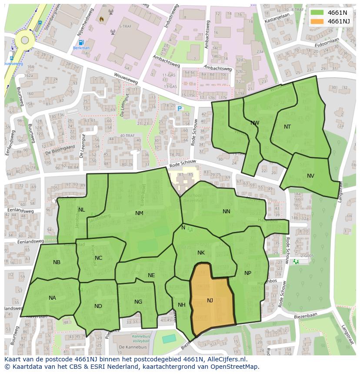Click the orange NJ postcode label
(210, 301)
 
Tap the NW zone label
(255, 123)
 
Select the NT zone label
(287, 127)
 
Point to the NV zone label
(310, 176)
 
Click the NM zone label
(139, 213)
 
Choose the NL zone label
(82, 210)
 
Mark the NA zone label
(52, 298)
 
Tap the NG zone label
(138, 302)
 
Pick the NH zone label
(182, 305)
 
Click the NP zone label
(248, 273)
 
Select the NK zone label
(201, 253)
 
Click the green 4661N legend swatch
(317, 12)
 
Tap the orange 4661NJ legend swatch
(317, 21)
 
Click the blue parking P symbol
(179, 109)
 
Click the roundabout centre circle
(25, 40)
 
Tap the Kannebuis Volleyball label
(141, 339)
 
